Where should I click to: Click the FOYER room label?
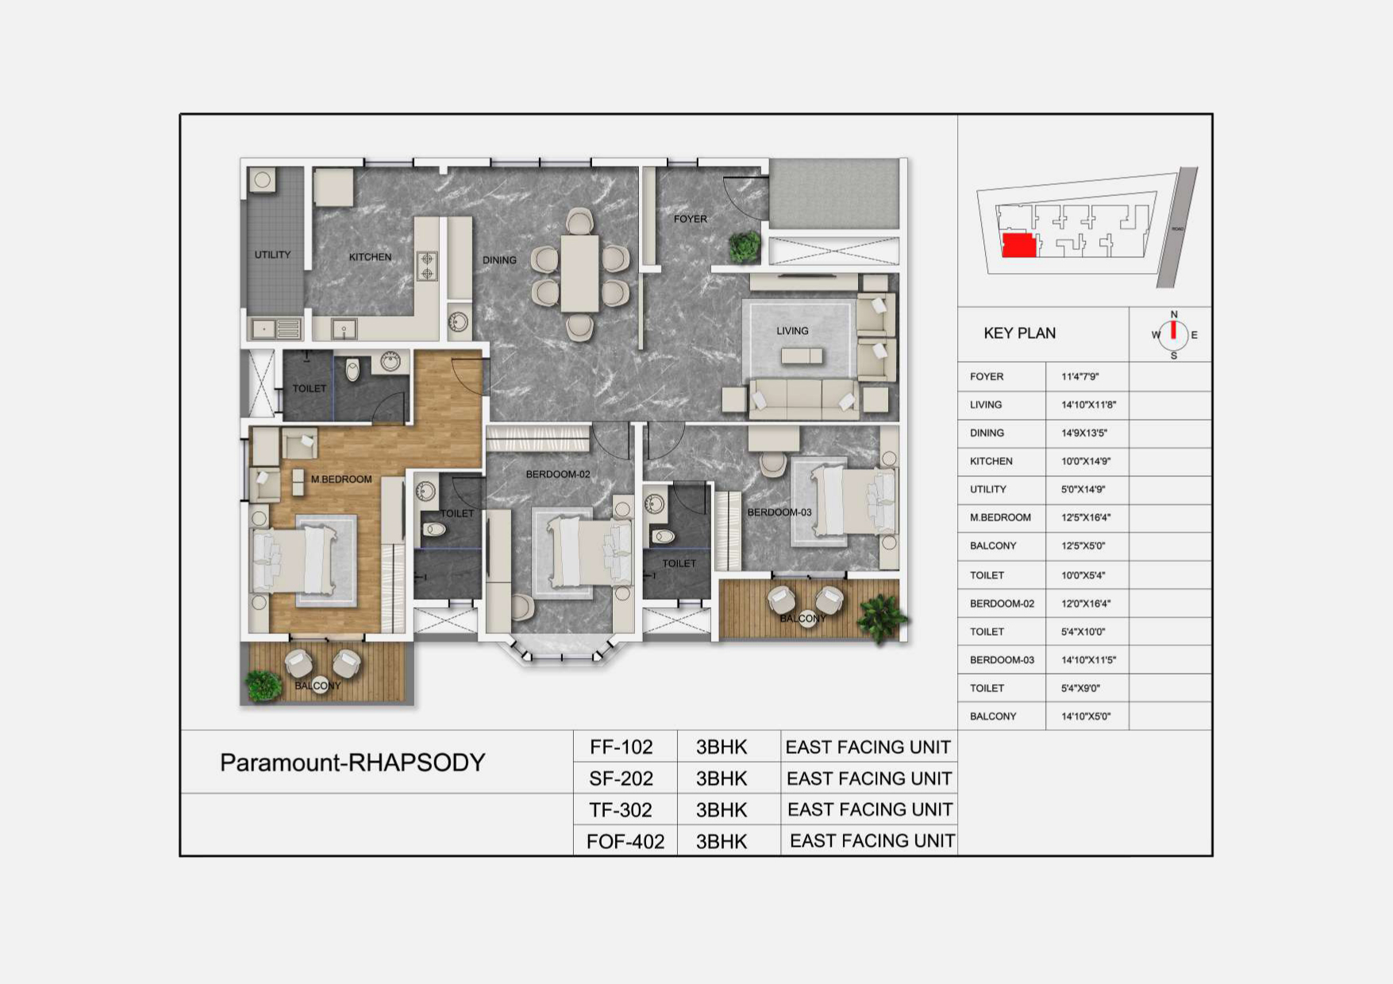tap(690, 219)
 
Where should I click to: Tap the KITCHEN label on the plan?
tap(370, 257)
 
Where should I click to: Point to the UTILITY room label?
tap(272, 255)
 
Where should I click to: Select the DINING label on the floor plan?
tap(499, 260)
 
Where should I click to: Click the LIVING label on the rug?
tap(792, 331)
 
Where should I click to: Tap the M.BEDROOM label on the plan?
tap(341, 479)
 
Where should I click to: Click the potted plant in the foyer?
tap(745, 247)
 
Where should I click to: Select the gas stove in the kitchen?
tap(427, 266)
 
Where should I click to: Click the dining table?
tap(579, 273)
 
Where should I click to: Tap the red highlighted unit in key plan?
tap(1019, 245)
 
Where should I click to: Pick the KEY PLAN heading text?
tap(1019, 333)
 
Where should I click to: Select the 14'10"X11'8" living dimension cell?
tap(1088, 405)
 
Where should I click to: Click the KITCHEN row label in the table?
tap(991, 461)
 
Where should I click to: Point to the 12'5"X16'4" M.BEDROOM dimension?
tap(1086, 517)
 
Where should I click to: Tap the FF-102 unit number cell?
tap(621, 747)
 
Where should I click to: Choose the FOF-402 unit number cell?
tap(625, 841)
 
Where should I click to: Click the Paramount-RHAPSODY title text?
tap(352, 763)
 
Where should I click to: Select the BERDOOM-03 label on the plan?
tap(779, 513)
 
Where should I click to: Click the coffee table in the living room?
tap(802, 356)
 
